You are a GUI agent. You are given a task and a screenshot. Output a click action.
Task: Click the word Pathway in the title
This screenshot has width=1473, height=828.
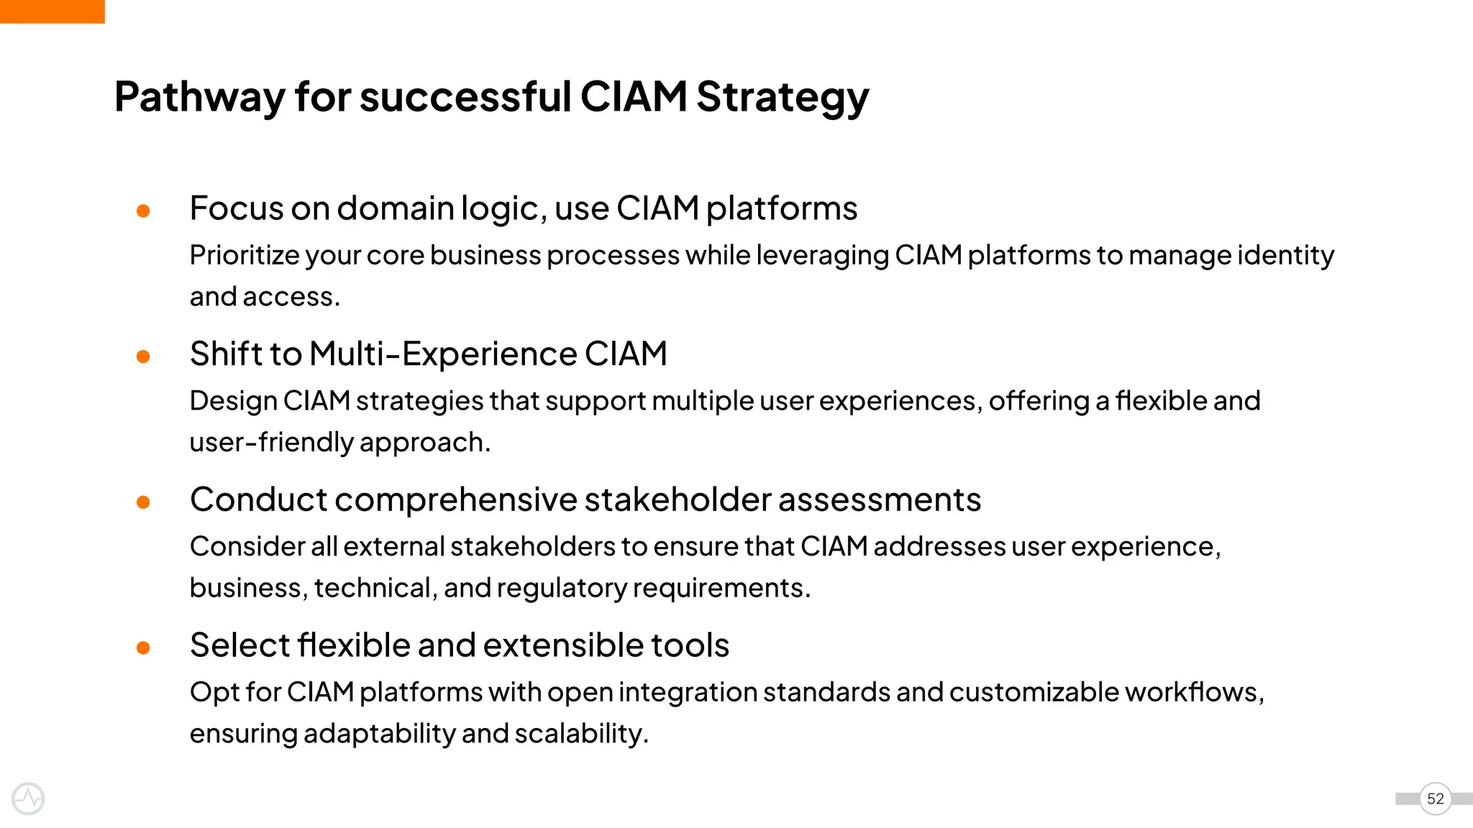pos(199,97)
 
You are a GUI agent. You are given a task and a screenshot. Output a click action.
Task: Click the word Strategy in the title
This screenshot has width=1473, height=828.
pos(783,97)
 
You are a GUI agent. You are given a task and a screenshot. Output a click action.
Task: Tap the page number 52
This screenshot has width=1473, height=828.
pos(1435,799)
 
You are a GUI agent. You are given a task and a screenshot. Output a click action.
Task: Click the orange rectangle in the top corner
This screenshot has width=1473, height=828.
pos(52,11)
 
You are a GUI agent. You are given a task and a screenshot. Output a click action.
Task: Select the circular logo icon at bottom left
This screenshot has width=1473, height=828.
pos(28,799)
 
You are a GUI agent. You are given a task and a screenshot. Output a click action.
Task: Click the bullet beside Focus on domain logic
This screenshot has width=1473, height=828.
pos(143,211)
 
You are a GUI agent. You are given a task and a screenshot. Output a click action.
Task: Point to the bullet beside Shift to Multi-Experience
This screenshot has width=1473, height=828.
pos(143,356)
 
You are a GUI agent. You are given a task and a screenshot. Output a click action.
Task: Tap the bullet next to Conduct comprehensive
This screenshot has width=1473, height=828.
pos(143,502)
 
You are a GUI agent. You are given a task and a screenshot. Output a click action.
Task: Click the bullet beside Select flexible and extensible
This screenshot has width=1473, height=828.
pos(143,648)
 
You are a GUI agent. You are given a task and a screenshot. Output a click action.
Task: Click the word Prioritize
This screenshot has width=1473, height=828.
pos(244,256)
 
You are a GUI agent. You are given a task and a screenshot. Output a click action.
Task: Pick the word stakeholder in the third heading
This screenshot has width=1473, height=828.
pos(678,500)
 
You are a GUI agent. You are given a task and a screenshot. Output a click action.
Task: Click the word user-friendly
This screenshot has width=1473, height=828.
pos(270,442)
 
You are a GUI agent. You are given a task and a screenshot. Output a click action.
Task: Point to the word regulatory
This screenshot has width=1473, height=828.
pos(561,589)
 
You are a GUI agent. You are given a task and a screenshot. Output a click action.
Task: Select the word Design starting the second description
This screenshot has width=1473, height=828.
pos(233,401)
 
